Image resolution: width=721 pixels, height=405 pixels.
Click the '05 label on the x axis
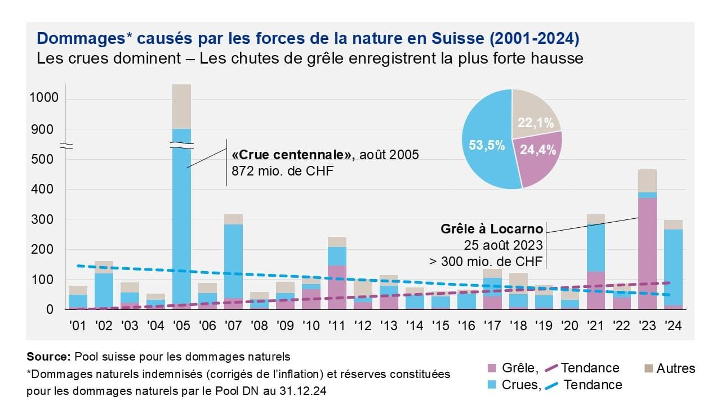(x=181, y=326)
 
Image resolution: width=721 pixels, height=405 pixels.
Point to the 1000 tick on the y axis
(x=43, y=99)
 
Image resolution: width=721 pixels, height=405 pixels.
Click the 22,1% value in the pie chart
(x=536, y=123)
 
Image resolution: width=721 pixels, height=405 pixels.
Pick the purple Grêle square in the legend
(x=491, y=368)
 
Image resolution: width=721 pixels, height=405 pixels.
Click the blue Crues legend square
(x=491, y=385)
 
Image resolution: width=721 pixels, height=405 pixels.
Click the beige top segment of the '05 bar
(x=181, y=107)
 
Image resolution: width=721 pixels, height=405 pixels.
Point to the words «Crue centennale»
(x=292, y=155)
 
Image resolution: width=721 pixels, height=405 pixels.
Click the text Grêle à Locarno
(x=492, y=229)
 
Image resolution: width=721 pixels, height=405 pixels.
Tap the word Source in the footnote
(x=48, y=356)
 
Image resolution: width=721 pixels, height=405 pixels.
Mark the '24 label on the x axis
(x=673, y=326)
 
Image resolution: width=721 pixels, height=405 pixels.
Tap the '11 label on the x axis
(x=337, y=326)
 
